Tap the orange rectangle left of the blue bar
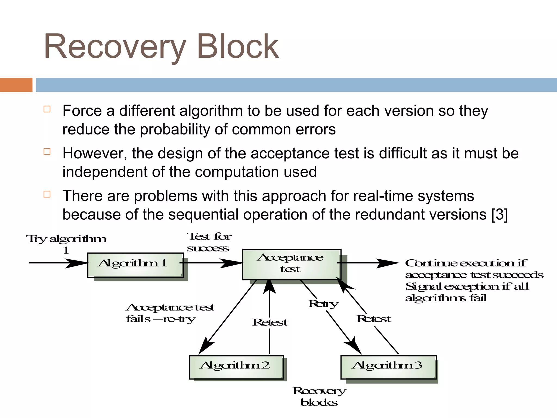16,85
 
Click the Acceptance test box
291,264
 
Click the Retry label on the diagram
323,304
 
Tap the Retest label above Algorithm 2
270,322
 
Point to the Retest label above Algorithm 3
374,319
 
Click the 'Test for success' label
209,242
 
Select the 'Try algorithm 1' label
66,244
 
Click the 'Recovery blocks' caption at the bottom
319,397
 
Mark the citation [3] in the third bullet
500,214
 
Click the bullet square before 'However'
47,152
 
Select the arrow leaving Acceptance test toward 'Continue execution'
367,263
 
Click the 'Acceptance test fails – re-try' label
170,313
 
